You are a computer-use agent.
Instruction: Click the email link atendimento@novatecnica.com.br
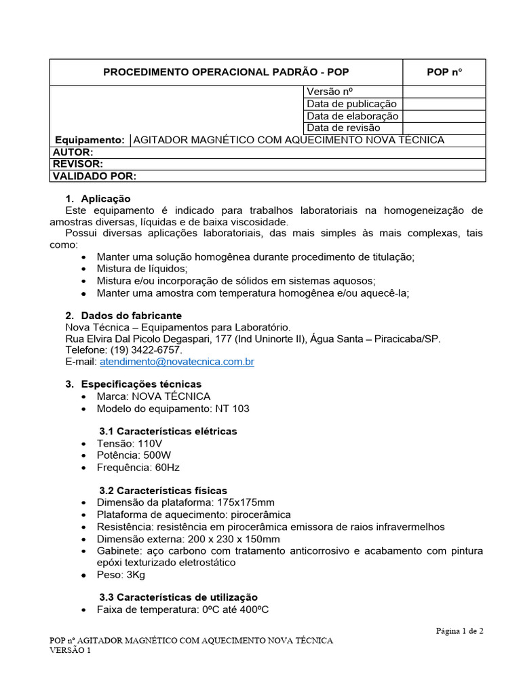(176, 362)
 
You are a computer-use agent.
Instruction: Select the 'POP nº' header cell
(444, 73)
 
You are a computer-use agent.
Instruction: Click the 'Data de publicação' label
(351, 104)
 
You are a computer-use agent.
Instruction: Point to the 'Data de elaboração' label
(352, 116)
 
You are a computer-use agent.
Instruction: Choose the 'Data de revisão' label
(343, 128)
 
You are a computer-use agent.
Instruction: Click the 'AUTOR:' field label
(73, 152)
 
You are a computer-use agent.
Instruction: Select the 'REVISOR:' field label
(77, 164)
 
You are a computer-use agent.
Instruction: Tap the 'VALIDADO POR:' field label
(94, 176)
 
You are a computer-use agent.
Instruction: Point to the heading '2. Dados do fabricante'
(123, 316)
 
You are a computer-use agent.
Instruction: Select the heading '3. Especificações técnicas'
(133, 384)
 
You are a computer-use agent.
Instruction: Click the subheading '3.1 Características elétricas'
(168, 432)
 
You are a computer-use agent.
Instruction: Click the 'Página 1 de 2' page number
(459, 631)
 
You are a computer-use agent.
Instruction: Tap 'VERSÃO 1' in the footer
(71, 650)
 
